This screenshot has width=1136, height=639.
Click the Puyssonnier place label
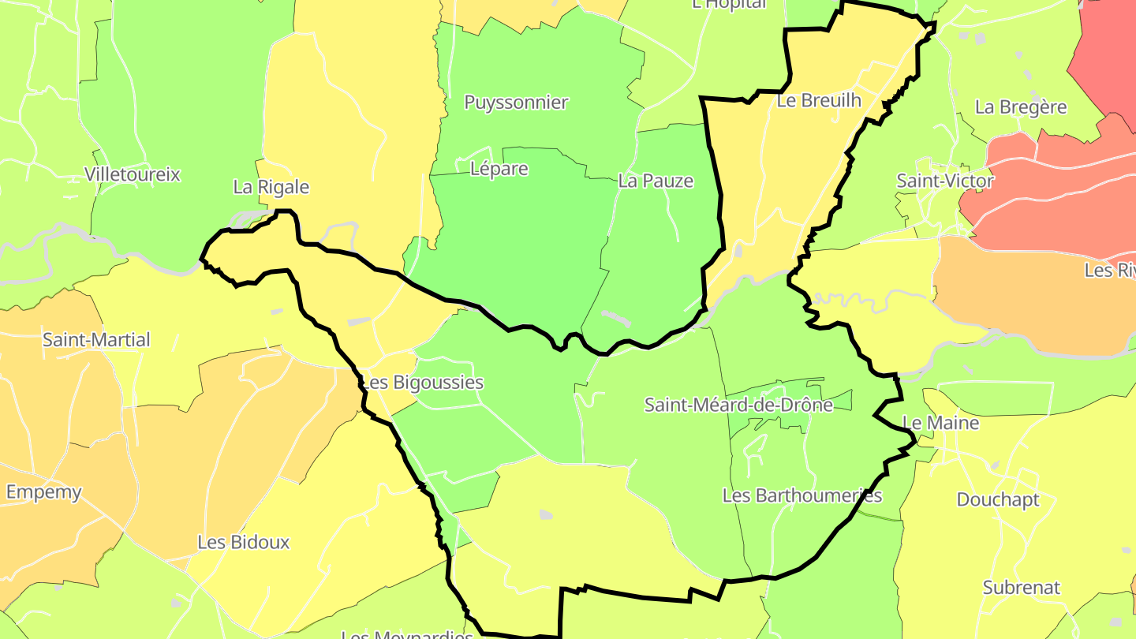(516, 103)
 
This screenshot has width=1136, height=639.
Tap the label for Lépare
(499, 169)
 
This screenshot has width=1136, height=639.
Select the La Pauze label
(656, 181)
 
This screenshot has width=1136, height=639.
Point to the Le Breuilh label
(819, 100)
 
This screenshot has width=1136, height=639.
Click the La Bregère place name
(1021, 107)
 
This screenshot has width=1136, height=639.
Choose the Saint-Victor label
(945, 181)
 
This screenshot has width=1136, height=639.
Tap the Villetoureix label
(133, 174)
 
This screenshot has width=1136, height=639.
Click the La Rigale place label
(271, 187)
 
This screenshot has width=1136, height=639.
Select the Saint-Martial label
(96, 340)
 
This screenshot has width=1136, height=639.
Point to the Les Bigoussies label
(421, 383)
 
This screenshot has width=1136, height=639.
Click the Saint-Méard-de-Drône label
(738, 405)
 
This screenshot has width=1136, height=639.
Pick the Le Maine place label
(940, 423)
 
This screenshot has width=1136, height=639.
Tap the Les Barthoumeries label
(802, 495)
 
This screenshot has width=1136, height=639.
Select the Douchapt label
(998, 499)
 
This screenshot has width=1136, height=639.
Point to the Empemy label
(43, 492)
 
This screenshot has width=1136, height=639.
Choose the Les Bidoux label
(243, 543)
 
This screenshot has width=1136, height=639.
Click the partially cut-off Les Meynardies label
(407, 634)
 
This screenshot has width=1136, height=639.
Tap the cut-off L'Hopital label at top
(728, 4)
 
